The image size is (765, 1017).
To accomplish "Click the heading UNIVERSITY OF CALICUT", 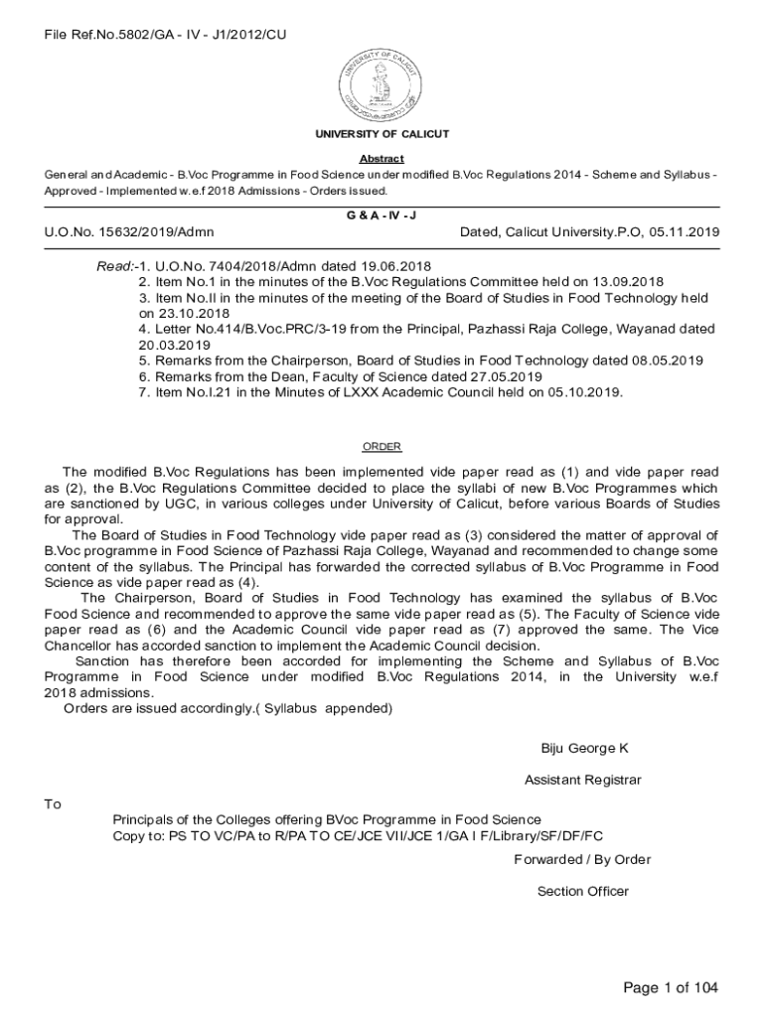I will coord(382,134).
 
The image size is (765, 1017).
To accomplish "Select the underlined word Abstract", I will coord(382,159).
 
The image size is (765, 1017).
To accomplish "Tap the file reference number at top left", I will coord(165,36).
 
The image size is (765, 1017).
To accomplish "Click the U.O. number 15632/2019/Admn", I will coord(129,232).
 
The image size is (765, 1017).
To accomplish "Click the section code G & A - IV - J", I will coord(382,214).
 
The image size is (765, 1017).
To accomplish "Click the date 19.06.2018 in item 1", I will coord(393,267).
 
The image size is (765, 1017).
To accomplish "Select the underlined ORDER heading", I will coord(382,447).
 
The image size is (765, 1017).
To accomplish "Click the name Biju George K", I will coord(584,748).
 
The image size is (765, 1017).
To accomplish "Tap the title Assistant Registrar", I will coord(583,780).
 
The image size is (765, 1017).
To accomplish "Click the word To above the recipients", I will coord(53,803).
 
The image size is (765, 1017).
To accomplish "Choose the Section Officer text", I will coord(583,891).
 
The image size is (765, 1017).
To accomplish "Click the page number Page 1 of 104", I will coord(670,987).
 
